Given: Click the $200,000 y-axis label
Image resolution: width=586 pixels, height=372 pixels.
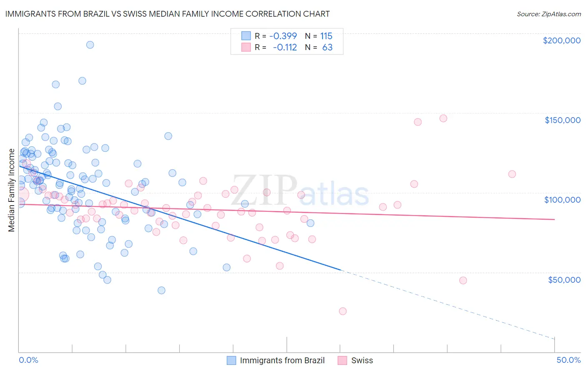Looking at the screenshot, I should coord(561,40).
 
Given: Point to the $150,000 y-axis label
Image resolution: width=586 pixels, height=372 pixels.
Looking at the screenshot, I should coord(562,120).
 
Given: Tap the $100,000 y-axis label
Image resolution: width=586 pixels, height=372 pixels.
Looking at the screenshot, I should coord(562,200).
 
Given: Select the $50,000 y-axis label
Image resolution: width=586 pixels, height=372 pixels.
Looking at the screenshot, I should coord(564,279).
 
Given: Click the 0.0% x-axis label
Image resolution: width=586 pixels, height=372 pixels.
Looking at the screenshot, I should coord(28,360).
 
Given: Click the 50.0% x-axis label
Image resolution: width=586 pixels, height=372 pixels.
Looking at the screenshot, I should coord(568,360).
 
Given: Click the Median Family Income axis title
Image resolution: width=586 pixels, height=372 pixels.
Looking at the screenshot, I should coord(11,190).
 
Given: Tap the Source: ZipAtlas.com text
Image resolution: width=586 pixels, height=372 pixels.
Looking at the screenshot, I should coord(548,14).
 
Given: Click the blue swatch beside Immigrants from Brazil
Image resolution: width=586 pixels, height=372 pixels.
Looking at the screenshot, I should coord(231,360).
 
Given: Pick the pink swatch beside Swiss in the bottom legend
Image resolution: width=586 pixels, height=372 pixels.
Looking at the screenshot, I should coord(342,360).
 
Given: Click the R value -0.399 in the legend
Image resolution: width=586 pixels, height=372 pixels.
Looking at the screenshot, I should coord(283,36).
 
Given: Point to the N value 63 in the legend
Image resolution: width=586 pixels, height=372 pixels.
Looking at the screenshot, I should coord(327,48).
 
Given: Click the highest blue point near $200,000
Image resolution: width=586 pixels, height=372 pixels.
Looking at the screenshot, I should coord(90,45).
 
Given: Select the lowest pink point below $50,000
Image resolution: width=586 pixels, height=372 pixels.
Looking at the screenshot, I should coord(343,311).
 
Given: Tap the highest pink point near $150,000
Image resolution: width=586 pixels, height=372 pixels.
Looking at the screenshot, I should coord(443,118).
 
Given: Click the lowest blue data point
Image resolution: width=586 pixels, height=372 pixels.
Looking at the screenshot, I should coord(161,290).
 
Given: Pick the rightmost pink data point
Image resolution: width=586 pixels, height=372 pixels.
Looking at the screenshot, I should coord(512,174).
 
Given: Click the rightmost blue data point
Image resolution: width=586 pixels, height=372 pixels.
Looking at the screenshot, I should coord(311,223).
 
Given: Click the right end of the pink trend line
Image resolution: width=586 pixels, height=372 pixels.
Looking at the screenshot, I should coord(554,219).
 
